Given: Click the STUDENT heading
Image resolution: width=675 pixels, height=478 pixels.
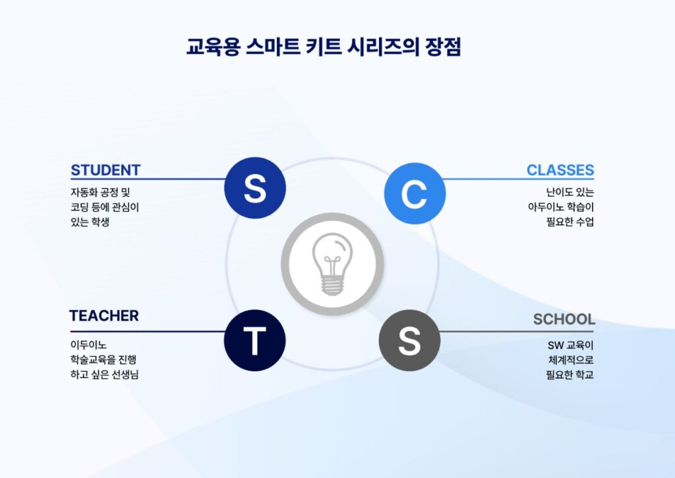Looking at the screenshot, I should pyautogui.click(x=105, y=170).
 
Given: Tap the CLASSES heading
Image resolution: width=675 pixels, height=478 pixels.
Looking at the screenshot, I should pyautogui.click(x=560, y=170).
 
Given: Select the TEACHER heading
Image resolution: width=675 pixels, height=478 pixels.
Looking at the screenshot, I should pyautogui.click(x=104, y=316).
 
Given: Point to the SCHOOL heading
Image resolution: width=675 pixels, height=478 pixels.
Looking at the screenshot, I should pyautogui.click(x=564, y=319).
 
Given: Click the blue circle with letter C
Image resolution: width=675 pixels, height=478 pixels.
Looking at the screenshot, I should pyautogui.click(x=415, y=194).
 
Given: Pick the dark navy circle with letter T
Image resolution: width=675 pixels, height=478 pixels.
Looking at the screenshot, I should pyautogui.click(x=255, y=340).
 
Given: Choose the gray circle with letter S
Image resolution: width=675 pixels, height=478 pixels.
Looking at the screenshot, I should pyautogui.click(x=409, y=340).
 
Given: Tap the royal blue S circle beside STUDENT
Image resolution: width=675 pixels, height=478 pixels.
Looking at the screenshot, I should pyautogui.click(x=255, y=188).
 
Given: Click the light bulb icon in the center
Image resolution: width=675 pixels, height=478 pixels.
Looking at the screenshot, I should pyautogui.click(x=332, y=264).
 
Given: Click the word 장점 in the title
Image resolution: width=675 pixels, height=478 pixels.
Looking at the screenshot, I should pyautogui.click(x=443, y=47).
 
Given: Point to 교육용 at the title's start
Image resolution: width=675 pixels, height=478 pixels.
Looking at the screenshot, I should pyautogui.click(x=210, y=47).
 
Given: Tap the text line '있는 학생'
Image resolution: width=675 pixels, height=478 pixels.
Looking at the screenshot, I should pyautogui.click(x=90, y=222).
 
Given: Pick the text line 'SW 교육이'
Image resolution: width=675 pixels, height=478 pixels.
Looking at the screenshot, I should pyautogui.click(x=571, y=344).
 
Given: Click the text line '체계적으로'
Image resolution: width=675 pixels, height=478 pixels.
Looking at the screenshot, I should pyautogui.click(x=571, y=360).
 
